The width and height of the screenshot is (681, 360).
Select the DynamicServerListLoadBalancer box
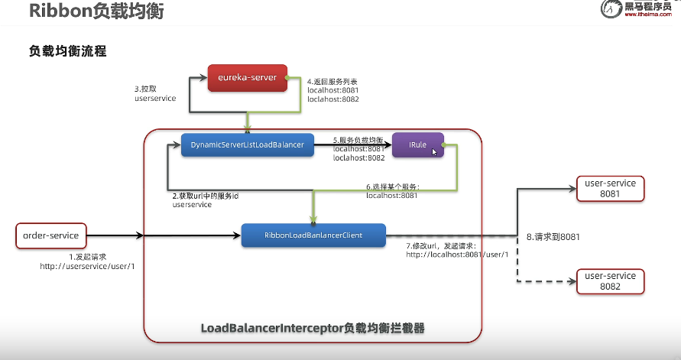(x=248, y=144)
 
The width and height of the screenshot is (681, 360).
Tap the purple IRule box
(x=417, y=144)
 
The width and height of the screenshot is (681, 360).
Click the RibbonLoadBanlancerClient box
(x=313, y=235)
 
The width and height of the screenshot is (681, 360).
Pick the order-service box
(x=51, y=235)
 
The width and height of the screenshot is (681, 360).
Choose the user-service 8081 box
(x=609, y=189)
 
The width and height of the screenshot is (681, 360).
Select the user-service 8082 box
(x=609, y=281)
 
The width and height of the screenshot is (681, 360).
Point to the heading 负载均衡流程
(x=67, y=52)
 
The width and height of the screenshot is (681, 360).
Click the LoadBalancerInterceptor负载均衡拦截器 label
(x=313, y=328)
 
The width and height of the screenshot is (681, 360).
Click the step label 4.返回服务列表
(x=332, y=82)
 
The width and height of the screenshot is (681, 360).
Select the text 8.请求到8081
(x=553, y=237)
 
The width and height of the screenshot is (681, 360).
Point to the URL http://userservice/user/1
(x=87, y=266)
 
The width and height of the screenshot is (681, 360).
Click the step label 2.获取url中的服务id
(x=206, y=196)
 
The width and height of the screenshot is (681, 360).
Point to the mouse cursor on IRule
(x=434, y=151)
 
